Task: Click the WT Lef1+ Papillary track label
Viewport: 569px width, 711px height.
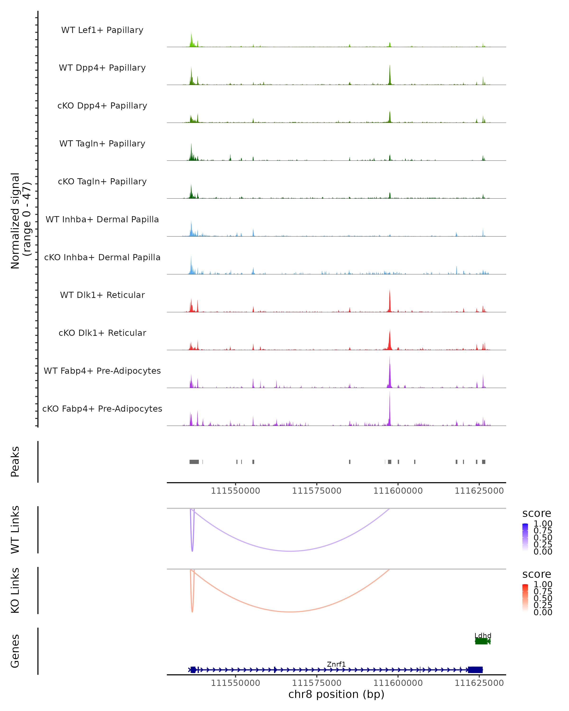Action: coord(102,30)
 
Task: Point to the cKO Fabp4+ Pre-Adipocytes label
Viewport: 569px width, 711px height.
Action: coord(102,409)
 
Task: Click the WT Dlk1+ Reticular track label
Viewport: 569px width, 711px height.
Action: coord(102,295)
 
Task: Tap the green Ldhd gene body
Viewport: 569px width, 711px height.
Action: coord(482,641)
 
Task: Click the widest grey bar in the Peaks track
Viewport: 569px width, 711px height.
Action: coord(194,462)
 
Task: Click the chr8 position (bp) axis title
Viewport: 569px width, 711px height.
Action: coord(336,694)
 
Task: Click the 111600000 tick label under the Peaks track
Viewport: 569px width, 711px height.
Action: coord(398,491)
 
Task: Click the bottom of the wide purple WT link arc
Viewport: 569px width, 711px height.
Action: coord(290,551)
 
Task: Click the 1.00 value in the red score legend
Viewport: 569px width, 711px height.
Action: coord(543,584)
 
